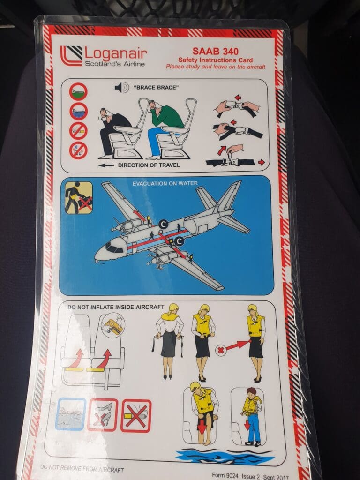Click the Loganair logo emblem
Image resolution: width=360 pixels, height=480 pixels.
point(71,55)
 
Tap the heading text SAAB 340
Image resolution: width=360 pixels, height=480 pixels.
point(215,51)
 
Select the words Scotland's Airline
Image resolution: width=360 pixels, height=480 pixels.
point(115,64)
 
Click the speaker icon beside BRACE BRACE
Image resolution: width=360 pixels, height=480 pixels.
point(121,88)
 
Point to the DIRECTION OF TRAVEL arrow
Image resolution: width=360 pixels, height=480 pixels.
point(106,165)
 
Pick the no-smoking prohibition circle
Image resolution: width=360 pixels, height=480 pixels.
point(78,131)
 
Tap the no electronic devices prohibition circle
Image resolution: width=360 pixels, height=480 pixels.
point(78,150)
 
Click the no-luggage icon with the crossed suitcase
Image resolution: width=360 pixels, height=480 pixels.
point(79,197)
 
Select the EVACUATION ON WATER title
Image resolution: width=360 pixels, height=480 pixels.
point(165,183)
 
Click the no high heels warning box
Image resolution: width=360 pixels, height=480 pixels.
point(103,415)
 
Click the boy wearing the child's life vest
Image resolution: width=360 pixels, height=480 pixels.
point(252,416)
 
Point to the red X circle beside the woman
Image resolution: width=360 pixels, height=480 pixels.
point(220,350)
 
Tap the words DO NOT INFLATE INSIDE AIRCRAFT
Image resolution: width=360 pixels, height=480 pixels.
point(116,307)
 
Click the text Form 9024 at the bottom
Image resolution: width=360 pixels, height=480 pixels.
point(225,475)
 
